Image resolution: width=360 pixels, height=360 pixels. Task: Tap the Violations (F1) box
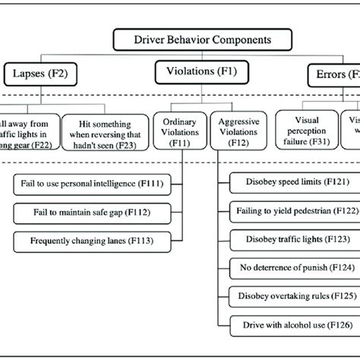pos(195,72)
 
